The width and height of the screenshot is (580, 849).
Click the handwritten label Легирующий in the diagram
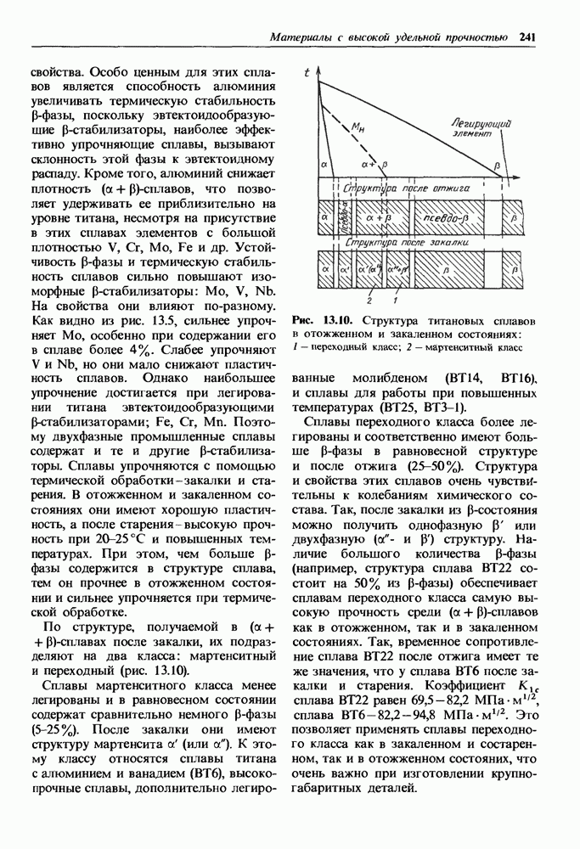coord(480,123)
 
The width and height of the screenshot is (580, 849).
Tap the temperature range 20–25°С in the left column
coord(104,537)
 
